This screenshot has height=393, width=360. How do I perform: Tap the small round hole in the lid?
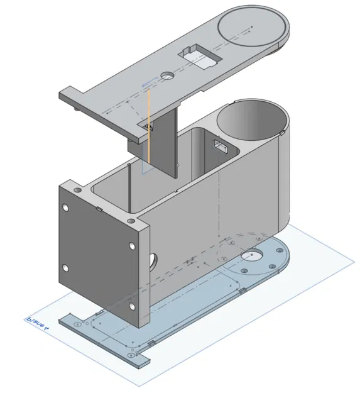coord(167,75)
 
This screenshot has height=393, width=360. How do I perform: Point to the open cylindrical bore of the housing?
coord(251,119)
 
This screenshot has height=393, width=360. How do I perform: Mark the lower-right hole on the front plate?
coord(132,306)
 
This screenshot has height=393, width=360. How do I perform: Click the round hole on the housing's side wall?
coord(153,259)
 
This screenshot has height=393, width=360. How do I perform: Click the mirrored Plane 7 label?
coord(38,324)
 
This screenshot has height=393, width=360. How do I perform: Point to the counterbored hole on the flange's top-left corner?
coord(77,189)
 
